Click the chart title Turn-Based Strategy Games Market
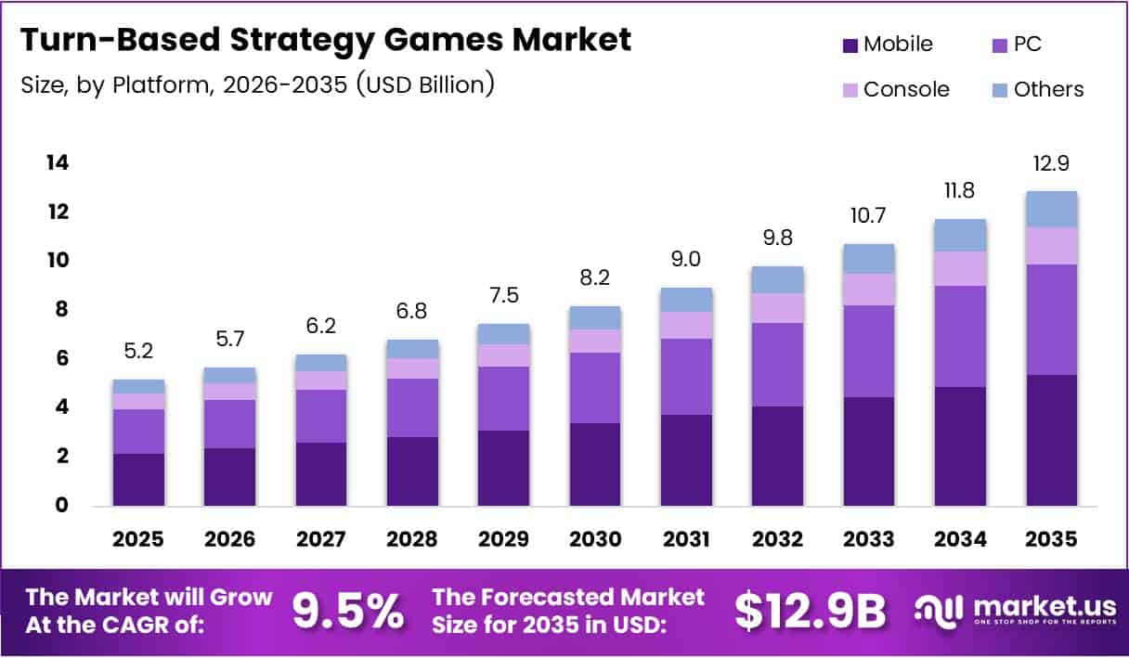click(x=325, y=40)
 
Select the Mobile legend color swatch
click(x=850, y=45)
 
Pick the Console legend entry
click(x=905, y=90)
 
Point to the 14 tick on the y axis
click(x=57, y=163)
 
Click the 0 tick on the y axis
click(x=61, y=506)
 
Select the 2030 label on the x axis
click(x=594, y=539)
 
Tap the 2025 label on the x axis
click(x=137, y=539)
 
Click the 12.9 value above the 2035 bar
click(x=1051, y=164)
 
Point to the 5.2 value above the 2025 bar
click(x=137, y=353)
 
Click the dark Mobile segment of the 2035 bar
click(x=1051, y=440)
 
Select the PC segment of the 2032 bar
click(x=777, y=364)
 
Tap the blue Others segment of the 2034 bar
click(x=960, y=235)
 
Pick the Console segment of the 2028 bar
click(x=412, y=368)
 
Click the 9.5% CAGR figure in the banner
click(x=348, y=611)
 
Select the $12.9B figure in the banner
click(x=810, y=611)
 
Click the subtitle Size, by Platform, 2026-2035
click(x=256, y=85)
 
